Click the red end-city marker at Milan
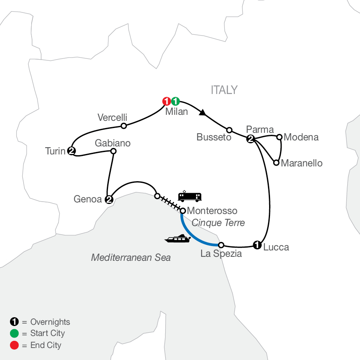166,101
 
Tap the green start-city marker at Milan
175,101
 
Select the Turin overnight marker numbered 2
72,150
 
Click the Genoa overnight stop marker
108,199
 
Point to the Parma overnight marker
250,139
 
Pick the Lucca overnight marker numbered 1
257,245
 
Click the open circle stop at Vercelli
124,126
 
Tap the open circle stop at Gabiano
113,151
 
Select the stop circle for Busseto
229,130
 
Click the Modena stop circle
280,137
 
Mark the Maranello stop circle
276,162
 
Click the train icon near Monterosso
190,196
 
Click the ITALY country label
224,90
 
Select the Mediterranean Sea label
131,257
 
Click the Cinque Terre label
218,223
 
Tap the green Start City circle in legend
14,333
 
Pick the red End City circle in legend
14,345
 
